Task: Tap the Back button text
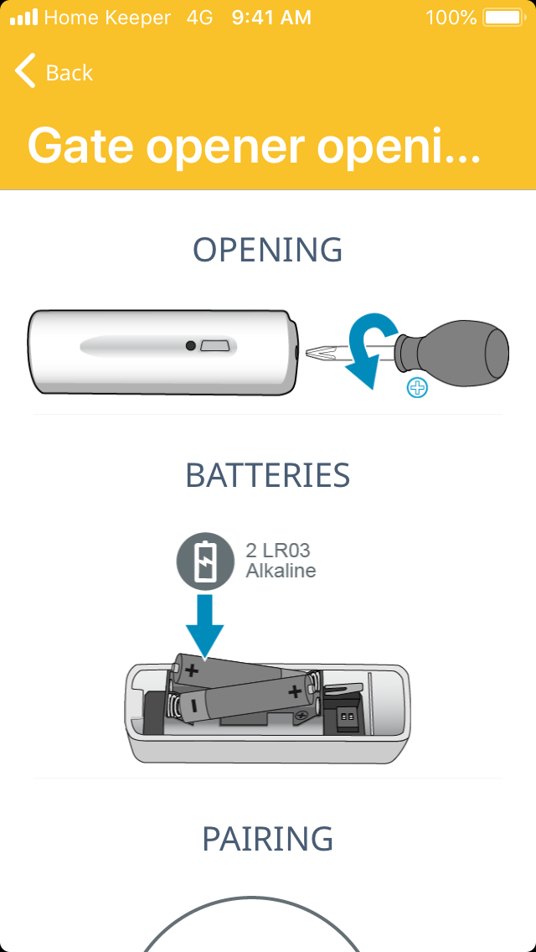pyautogui.click(x=70, y=73)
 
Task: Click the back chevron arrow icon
pyautogui.click(x=25, y=72)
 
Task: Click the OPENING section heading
pyautogui.click(x=268, y=251)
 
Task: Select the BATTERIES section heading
pyautogui.click(x=268, y=475)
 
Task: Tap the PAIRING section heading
pyautogui.click(x=268, y=839)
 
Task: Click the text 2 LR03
pyautogui.click(x=277, y=551)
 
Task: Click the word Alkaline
pyautogui.click(x=281, y=572)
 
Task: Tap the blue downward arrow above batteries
pyautogui.click(x=204, y=625)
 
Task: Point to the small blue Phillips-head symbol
pyautogui.click(x=416, y=388)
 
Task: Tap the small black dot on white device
pyautogui.click(x=191, y=345)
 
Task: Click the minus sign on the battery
pyautogui.click(x=193, y=706)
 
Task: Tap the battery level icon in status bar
pyautogui.click(x=502, y=17)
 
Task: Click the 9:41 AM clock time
pyautogui.click(x=271, y=17)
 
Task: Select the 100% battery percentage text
pyautogui.click(x=451, y=17)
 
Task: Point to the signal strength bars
pyautogui.click(x=23, y=17)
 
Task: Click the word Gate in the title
pyautogui.click(x=80, y=146)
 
